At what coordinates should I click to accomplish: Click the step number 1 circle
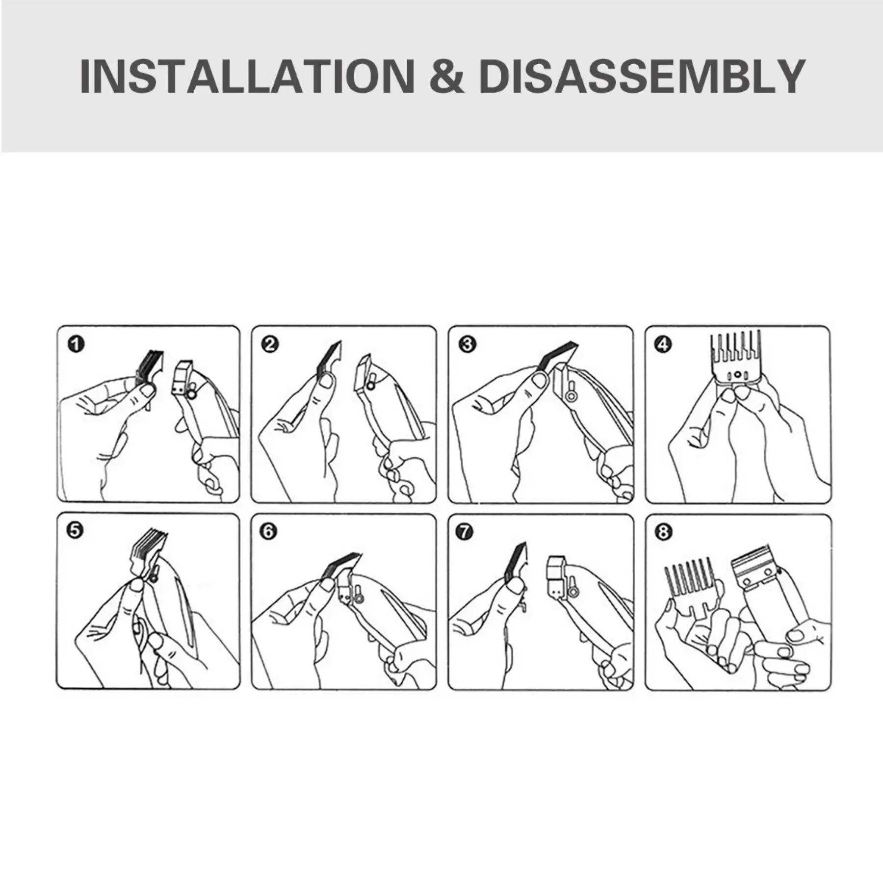click(76, 344)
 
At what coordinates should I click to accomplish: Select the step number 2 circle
click(270, 344)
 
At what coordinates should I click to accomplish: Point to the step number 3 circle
click(467, 344)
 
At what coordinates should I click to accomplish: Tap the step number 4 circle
click(663, 344)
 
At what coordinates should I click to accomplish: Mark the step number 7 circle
click(465, 531)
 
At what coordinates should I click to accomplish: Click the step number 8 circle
click(663, 532)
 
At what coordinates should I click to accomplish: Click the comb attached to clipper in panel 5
click(143, 554)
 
